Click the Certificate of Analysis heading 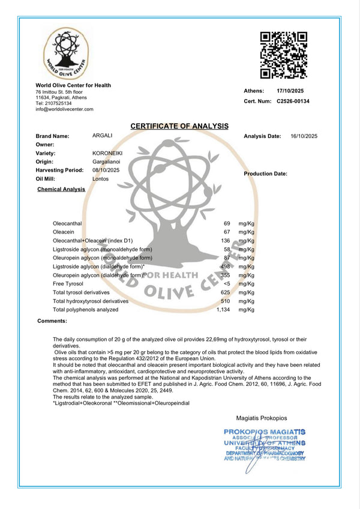coord(179,126)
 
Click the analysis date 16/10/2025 coord(304,136)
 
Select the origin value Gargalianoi coord(107,161)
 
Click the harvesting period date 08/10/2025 coord(106,170)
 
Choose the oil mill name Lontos coord(100,179)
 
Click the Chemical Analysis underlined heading coord(61,189)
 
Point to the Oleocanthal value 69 coord(227,223)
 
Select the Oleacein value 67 coord(227,232)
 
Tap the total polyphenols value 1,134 coord(223,310)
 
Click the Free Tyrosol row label coord(68,283)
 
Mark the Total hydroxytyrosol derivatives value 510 coord(226,301)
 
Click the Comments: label coord(52,321)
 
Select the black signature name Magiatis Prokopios coord(262,417)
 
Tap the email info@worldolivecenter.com coord(65,109)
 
